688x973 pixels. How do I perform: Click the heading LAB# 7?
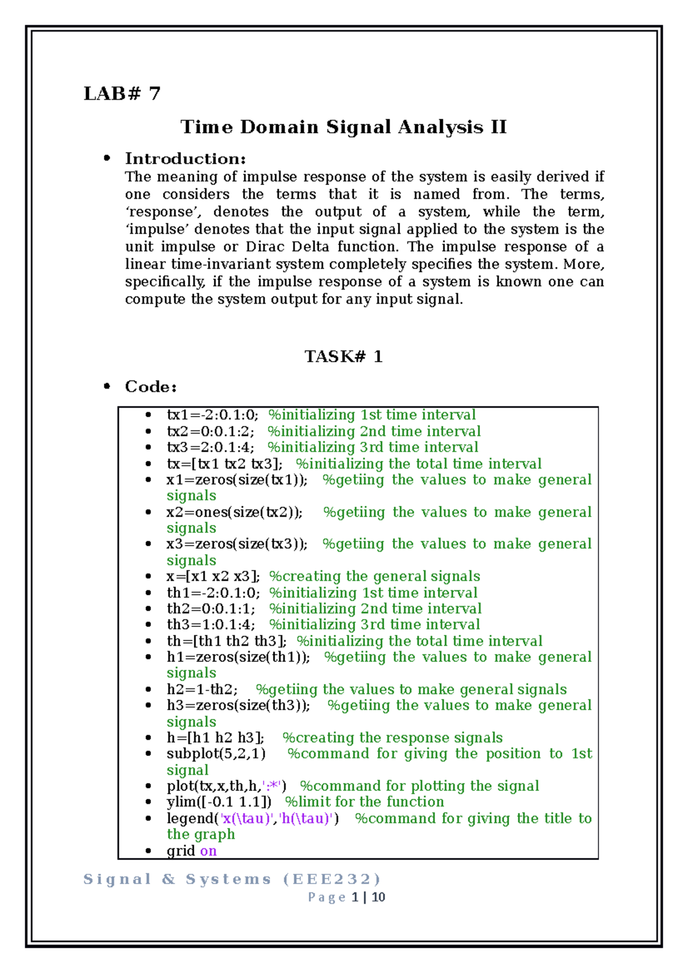pos(122,93)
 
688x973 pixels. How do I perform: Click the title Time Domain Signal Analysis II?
pos(343,127)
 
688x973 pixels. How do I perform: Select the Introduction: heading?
pos(185,159)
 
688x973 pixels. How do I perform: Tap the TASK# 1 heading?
pos(343,357)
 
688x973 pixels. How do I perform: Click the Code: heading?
pos(150,387)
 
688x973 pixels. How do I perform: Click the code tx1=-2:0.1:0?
pos(212,415)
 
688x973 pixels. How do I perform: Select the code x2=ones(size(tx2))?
pos(234,512)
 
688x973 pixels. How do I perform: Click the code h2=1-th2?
pos(202,689)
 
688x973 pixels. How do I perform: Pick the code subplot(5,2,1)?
pos(216,754)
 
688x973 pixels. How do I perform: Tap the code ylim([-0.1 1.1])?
pos(219,802)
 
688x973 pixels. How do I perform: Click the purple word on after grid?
pos(208,851)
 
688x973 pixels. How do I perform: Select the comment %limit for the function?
pos(365,802)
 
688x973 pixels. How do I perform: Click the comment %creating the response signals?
pos(392,737)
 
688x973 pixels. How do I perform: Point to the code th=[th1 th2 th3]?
pos(226,641)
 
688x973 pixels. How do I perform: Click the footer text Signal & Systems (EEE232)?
pos(232,879)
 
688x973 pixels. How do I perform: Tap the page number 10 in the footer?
pos(378,897)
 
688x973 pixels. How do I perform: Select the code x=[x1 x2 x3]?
pos(213,576)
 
